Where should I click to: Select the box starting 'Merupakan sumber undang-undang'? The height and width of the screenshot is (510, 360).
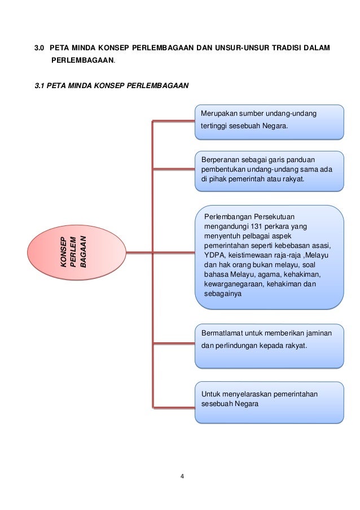tap(269, 121)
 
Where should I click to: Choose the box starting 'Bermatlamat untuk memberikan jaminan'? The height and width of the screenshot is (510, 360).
tap(269, 345)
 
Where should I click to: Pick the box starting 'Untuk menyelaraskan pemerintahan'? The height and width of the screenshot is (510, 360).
tap(269, 402)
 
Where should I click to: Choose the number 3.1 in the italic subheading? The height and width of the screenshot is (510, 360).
tap(40, 86)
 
